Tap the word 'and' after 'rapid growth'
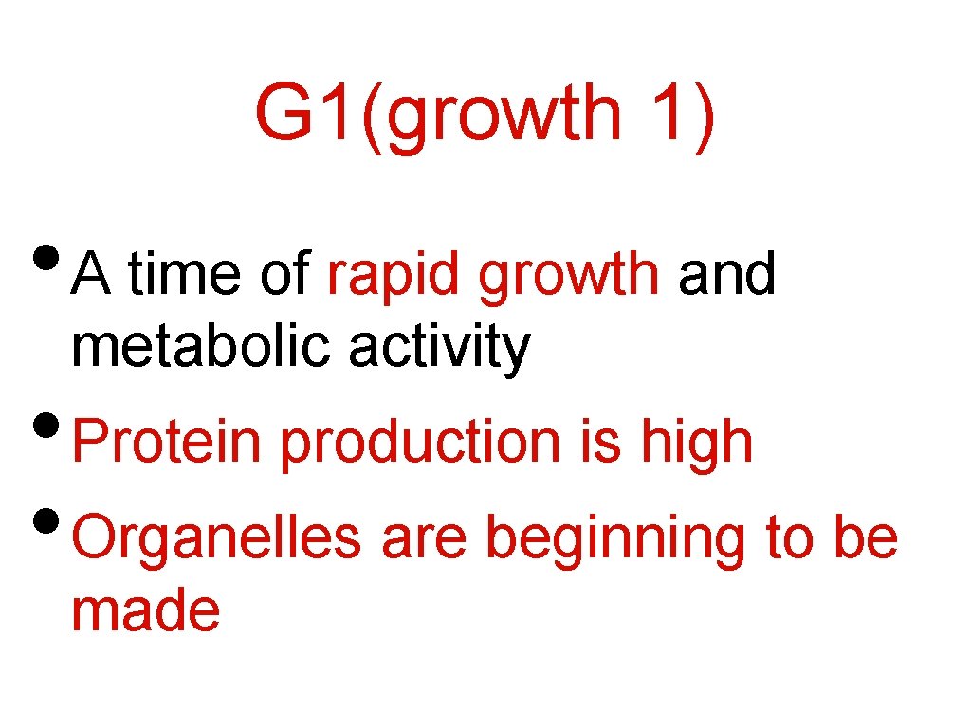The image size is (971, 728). pyautogui.click(x=727, y=275)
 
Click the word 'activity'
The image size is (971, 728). pyautogui.click(x=440, y=349)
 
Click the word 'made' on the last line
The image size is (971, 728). pyautogui.click(x=146, y=610)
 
